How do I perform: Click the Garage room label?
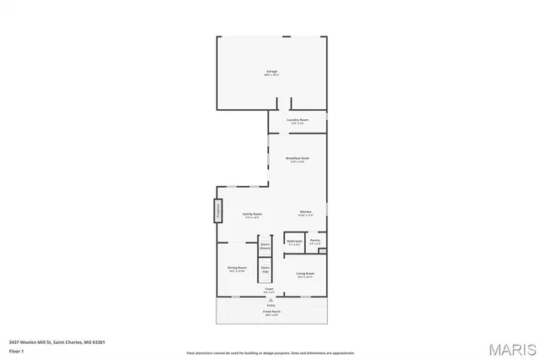272,71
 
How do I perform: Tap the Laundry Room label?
298,120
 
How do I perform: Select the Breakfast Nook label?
298,158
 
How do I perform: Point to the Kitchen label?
306,211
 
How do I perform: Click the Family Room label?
252,215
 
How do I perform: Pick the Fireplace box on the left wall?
217,210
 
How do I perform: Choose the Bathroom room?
294,241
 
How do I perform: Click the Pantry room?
314,241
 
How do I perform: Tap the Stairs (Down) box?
265,247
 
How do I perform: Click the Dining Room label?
237,269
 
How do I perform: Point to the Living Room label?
305,274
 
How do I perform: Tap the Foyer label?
269,289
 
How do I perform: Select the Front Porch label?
270,312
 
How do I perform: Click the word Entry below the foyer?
270,304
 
